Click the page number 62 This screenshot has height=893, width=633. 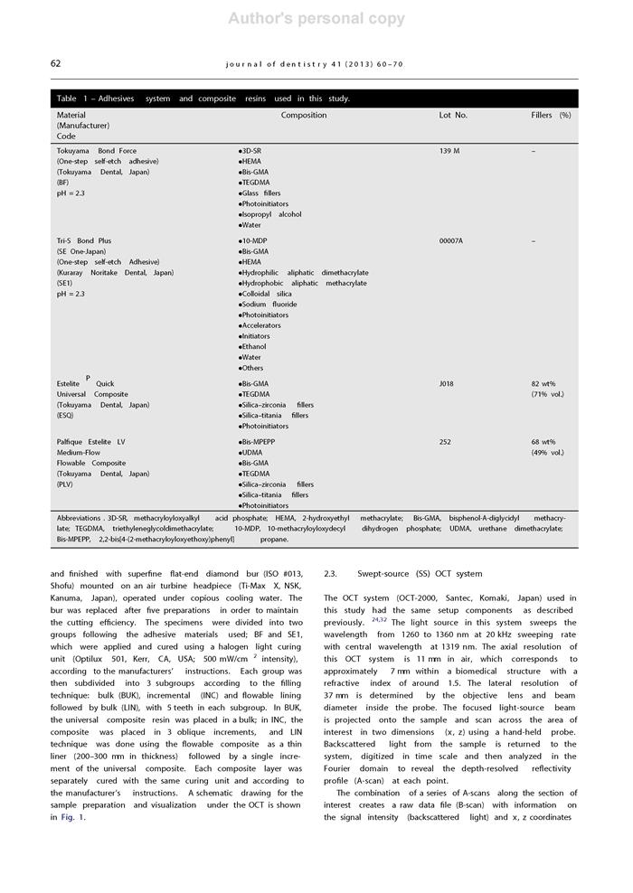[55, 64]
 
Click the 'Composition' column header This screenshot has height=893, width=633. [304, 116]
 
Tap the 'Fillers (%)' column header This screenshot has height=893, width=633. [551, 116]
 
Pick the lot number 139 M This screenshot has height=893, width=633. [449, 151]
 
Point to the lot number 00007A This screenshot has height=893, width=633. [451, 241]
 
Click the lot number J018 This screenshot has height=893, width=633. [447, 384]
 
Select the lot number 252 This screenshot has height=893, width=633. [445, 443]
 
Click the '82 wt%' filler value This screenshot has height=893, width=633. [543, 384]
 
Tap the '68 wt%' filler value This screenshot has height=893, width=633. [543, 443]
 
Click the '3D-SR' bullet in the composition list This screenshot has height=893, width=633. [250, 151]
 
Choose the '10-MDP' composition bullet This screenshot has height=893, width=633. [252, 241]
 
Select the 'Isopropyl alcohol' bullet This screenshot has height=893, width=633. [270, 215]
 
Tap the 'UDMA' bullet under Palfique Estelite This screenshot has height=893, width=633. [251, 453]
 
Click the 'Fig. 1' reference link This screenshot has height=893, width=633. [72, 818]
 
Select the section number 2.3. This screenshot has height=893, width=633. [331, 574]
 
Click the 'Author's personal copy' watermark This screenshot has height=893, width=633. [316, 19]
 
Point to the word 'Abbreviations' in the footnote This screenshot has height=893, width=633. [80, 518]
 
